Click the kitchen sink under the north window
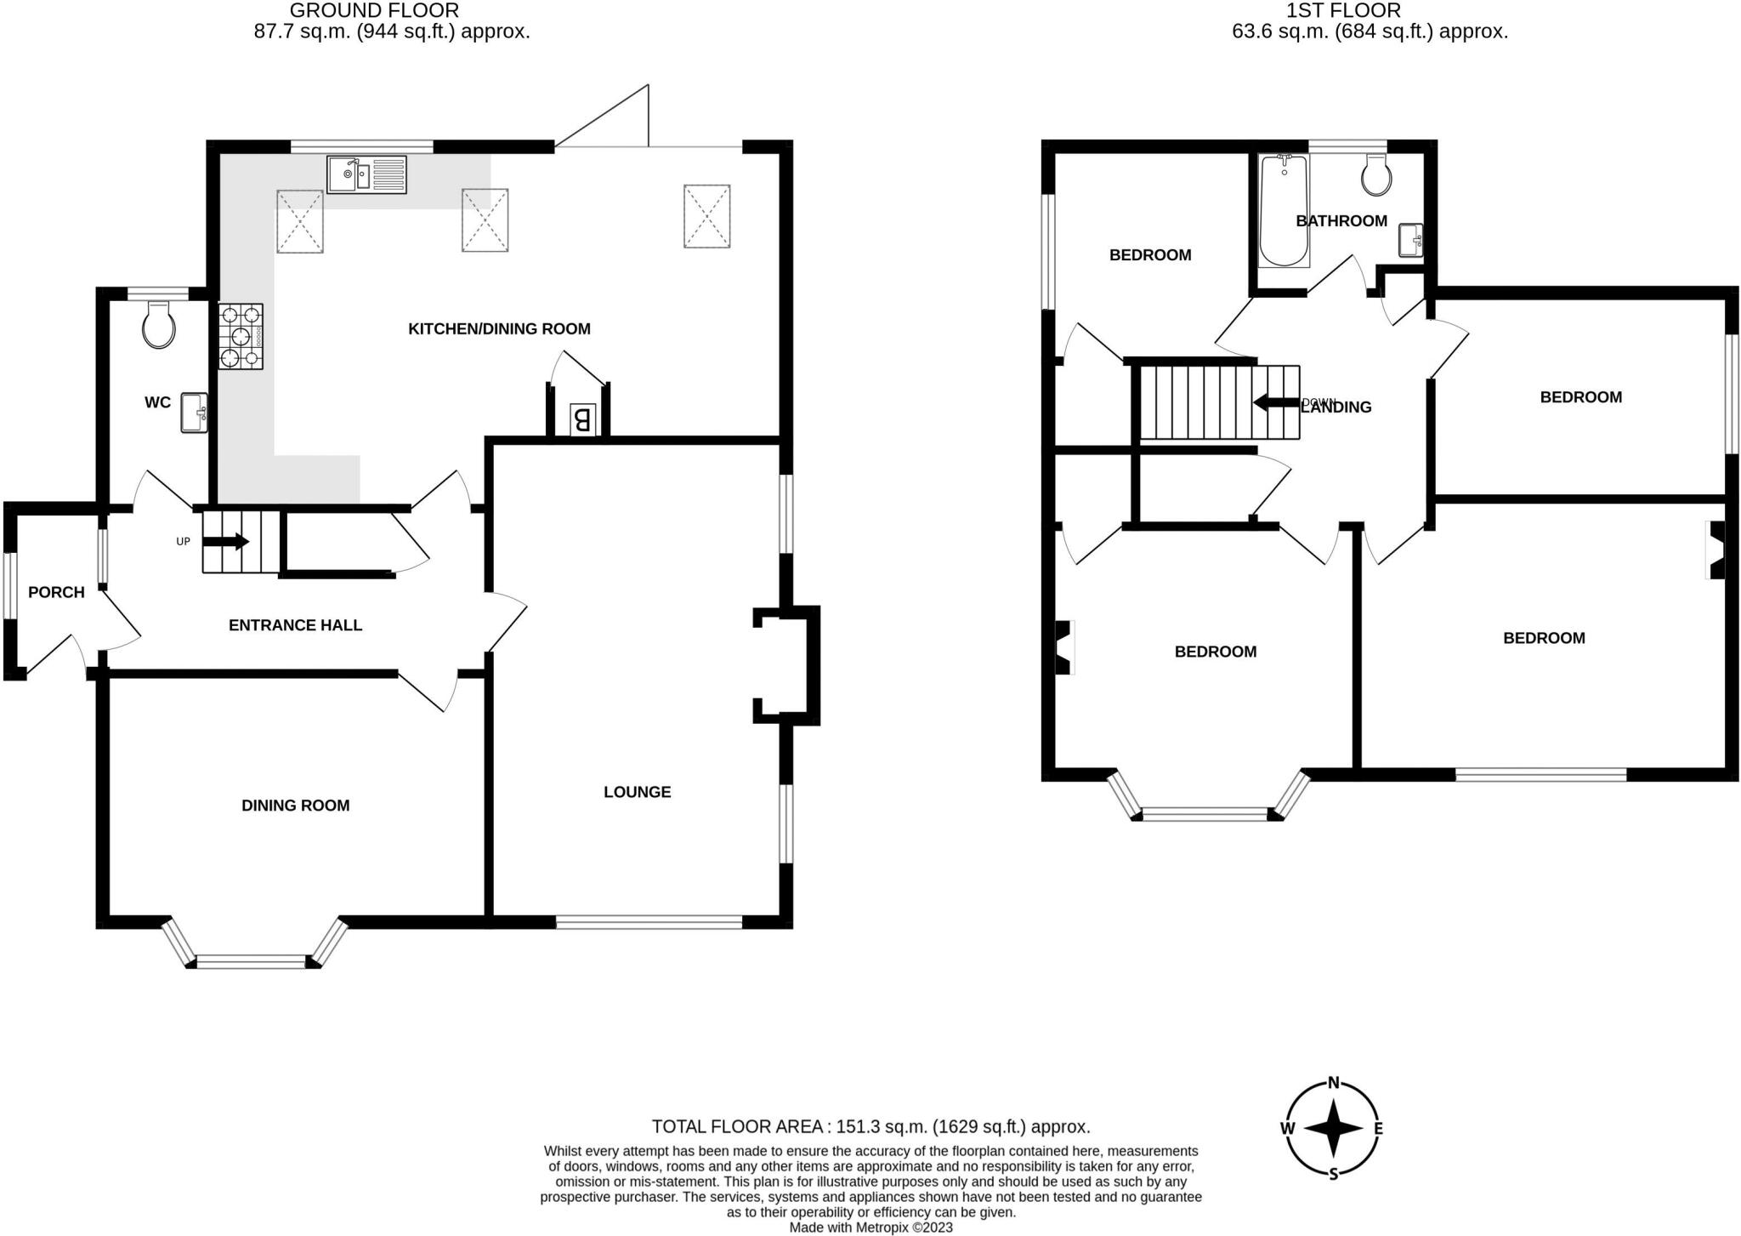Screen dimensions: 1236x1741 point(366,174)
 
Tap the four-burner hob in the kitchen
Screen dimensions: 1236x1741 point(241,337)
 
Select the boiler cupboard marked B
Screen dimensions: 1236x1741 point(582,419)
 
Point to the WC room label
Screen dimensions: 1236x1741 point(157,402)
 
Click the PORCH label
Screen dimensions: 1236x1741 point(56,592)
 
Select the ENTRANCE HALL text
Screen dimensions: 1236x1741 point(295,625)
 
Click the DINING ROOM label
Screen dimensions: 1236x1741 point(295,806)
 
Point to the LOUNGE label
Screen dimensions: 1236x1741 point(637,792)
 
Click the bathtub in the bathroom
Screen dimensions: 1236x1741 point(1284,211)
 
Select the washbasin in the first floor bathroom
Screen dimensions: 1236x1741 point(1410,241)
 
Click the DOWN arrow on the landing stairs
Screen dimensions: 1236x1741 point(1274,402)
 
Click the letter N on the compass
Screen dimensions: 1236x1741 point(1333,1083)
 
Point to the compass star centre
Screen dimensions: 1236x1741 point(1333,1129)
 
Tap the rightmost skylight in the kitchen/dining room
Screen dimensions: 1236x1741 point(706,216)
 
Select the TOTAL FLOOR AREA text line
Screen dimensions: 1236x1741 point(870,1126)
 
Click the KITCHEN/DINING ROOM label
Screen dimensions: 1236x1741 point(499,329)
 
